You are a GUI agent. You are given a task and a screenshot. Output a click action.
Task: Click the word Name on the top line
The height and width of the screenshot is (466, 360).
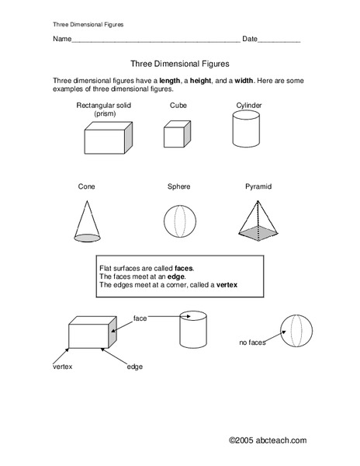click(x=61, y=39)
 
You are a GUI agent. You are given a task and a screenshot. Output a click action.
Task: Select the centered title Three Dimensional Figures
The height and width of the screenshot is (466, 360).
click(x=179, y=65)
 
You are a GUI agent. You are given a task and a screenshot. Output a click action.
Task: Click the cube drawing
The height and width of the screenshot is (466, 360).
click(x=173, y=134)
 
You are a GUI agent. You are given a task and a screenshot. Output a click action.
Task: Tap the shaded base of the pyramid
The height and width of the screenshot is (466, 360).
click(x=259, y=231)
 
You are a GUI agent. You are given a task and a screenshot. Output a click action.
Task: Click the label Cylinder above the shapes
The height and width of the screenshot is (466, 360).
click(x=250, y=104)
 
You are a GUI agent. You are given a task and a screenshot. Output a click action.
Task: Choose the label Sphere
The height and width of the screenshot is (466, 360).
click(x=178, y=186)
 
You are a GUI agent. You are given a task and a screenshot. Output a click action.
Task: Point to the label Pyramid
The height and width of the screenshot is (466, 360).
click(x=251, y=186)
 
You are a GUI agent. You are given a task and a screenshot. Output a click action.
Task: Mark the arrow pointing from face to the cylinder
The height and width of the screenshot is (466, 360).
click(x=163, y=317)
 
